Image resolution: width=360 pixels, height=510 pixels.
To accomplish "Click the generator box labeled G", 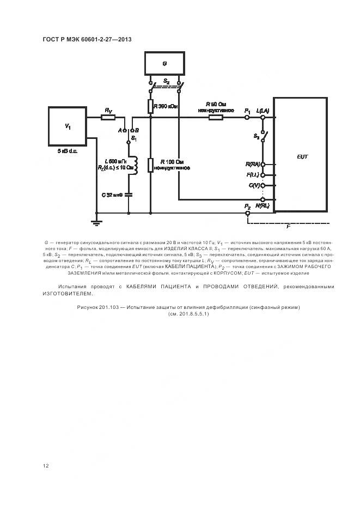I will tap(164, 64).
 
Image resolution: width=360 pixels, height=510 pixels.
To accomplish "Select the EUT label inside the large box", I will tap(302, 156).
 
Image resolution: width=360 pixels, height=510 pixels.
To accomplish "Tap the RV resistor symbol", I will tap(108, 117).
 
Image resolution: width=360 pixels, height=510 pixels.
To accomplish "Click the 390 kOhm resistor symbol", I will tap(150, 106).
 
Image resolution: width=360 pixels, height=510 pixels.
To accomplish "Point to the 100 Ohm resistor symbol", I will tap(150, 164).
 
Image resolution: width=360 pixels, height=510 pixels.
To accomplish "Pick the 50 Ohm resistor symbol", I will tap(216, 117).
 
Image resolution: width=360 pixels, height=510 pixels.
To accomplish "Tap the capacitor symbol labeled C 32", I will tap(129, 194).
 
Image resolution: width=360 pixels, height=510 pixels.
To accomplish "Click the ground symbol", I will tap(96, 220).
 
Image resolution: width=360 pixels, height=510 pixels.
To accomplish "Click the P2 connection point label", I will tap(247, 207).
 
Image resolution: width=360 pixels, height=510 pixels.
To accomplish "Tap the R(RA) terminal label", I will tap(253, 163).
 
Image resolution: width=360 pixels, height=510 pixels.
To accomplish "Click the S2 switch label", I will tap(166, 81).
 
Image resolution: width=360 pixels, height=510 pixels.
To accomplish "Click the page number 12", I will tap(46, 465).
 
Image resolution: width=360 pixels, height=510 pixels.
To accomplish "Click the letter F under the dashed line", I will tap(288, 226).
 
